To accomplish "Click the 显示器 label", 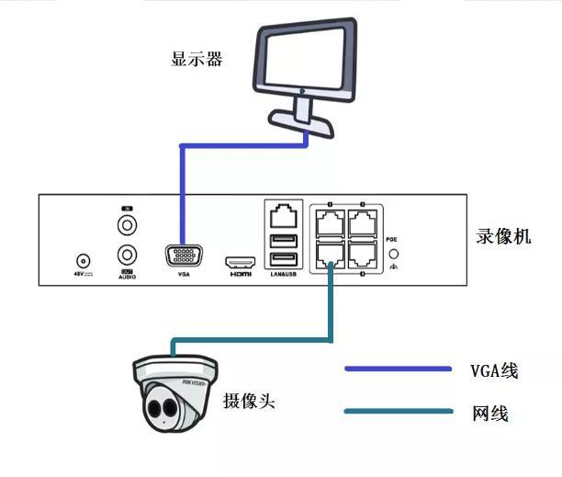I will [x=197, y=61].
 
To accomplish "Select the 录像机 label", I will [x=503, y=236].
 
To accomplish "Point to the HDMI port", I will [x=240, y=261].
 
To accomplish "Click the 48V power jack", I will [x=83, y=261].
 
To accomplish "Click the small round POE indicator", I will [x=394, y=253].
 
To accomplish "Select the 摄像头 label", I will [x=249, y=402].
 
